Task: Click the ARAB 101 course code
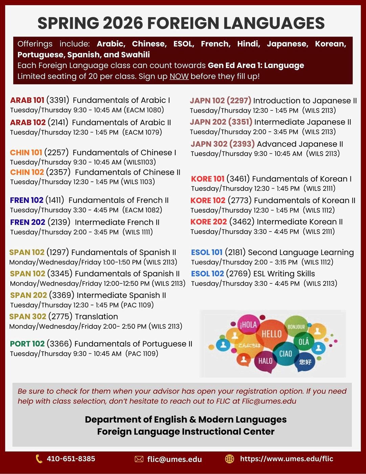pos(27,100)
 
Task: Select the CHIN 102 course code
pos(27,172)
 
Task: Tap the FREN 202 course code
pos(27,222)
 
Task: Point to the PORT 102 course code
pos(27,344)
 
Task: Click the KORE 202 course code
pos(208,222)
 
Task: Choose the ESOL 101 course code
pos(207,253)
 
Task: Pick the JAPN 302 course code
pos(209,144)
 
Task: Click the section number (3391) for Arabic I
pos(58,100)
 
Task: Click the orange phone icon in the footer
pos(39,459)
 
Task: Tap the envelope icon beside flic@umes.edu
pos(139,459)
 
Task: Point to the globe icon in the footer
pos(230,459)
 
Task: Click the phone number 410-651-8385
pos(71,459)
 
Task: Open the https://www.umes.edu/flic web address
pos(287,459)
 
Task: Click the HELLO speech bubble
pos(271,333)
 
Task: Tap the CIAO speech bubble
pos(285,353)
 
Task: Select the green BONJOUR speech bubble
pos(296,327)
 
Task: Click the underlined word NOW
pos(179,77)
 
